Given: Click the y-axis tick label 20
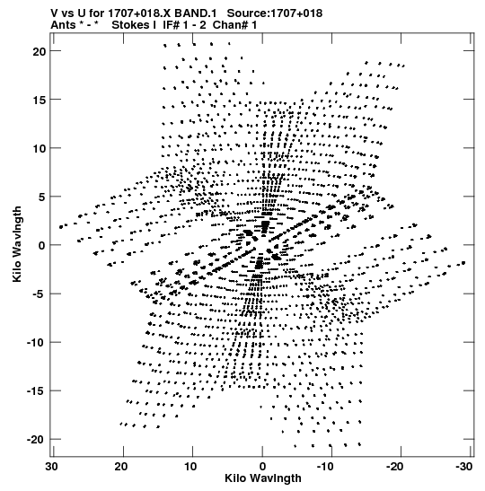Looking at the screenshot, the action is pos(40,51).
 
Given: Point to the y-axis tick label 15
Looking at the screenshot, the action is pos(40,100).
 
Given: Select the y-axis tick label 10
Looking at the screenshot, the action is pos(40,148).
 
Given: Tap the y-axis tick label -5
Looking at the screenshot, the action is pos(39,294).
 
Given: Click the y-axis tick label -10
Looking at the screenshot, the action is pos(36,343).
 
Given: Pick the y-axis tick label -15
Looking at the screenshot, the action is pos(36,391).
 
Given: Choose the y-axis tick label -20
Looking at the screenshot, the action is pos(36,440).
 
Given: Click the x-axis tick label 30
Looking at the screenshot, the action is pos(52,467).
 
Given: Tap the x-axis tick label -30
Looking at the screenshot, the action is pos(463,467).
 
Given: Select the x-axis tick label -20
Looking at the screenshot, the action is pos(394,467).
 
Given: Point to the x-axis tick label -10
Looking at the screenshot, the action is pos(325,467).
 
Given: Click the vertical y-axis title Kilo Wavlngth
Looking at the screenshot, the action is pos(17,244).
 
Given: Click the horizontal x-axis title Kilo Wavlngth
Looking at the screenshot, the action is pos(263,478).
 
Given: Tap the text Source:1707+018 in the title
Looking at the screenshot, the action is pos(275,13).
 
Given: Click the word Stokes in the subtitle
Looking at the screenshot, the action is pos(134,25).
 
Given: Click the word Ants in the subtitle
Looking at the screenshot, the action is pos(63,25).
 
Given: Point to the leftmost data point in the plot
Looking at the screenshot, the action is pos(61,227).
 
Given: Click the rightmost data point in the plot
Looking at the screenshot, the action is pos(463,263).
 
